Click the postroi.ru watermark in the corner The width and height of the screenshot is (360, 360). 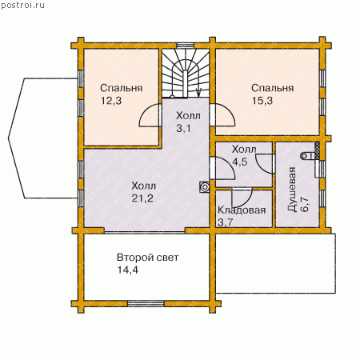tap(22, 5)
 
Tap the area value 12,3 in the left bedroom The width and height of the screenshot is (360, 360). tap(111, 101)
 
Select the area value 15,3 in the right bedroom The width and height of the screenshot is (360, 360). tap(262, 101)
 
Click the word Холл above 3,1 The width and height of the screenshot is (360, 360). tap(188, 116)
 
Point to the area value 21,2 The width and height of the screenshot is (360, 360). tap(142, 198)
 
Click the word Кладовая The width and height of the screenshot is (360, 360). tap(242, 210)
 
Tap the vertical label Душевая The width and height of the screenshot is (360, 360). tap(292, 190)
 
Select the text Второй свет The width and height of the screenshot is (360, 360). tap(148, 258)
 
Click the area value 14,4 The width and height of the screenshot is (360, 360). tap(128, 270)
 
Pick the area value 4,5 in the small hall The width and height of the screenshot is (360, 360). tap(240, 162)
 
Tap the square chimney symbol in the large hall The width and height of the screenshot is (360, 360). tap(205, 187)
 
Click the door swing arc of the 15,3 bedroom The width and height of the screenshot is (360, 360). tap(230, 112)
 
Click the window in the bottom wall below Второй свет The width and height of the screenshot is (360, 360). tap(146, 304)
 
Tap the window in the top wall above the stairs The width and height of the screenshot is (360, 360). tap(185, 46)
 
